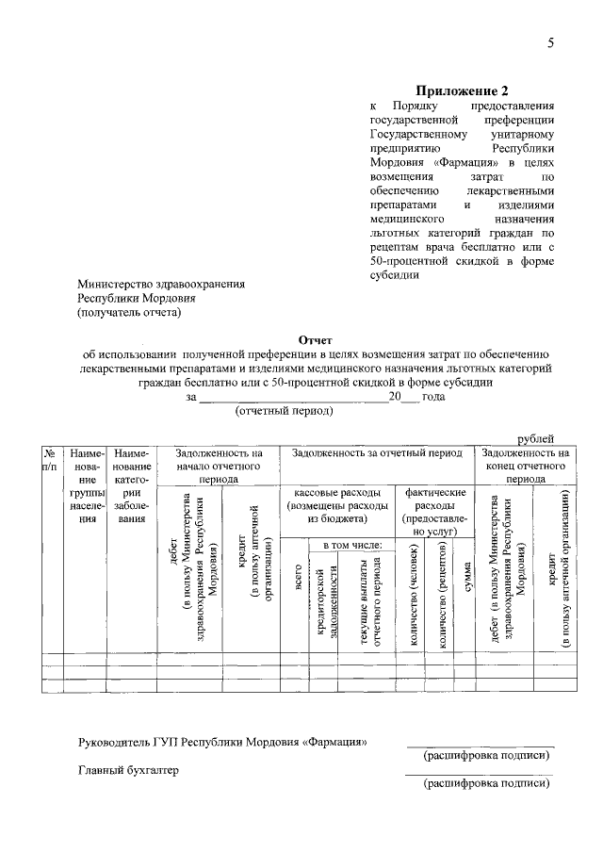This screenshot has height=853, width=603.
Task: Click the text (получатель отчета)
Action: [x=128, y=312]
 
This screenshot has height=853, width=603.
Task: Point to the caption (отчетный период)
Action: [x=285, y=411]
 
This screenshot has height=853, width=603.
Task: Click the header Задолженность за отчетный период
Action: [x=377, y=453]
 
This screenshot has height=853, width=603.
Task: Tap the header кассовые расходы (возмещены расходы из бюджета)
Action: [x=337, y=505]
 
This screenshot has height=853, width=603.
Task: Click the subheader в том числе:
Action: [x=352, y=546]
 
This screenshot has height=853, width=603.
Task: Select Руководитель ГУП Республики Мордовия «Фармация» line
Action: [x=222, y=742]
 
